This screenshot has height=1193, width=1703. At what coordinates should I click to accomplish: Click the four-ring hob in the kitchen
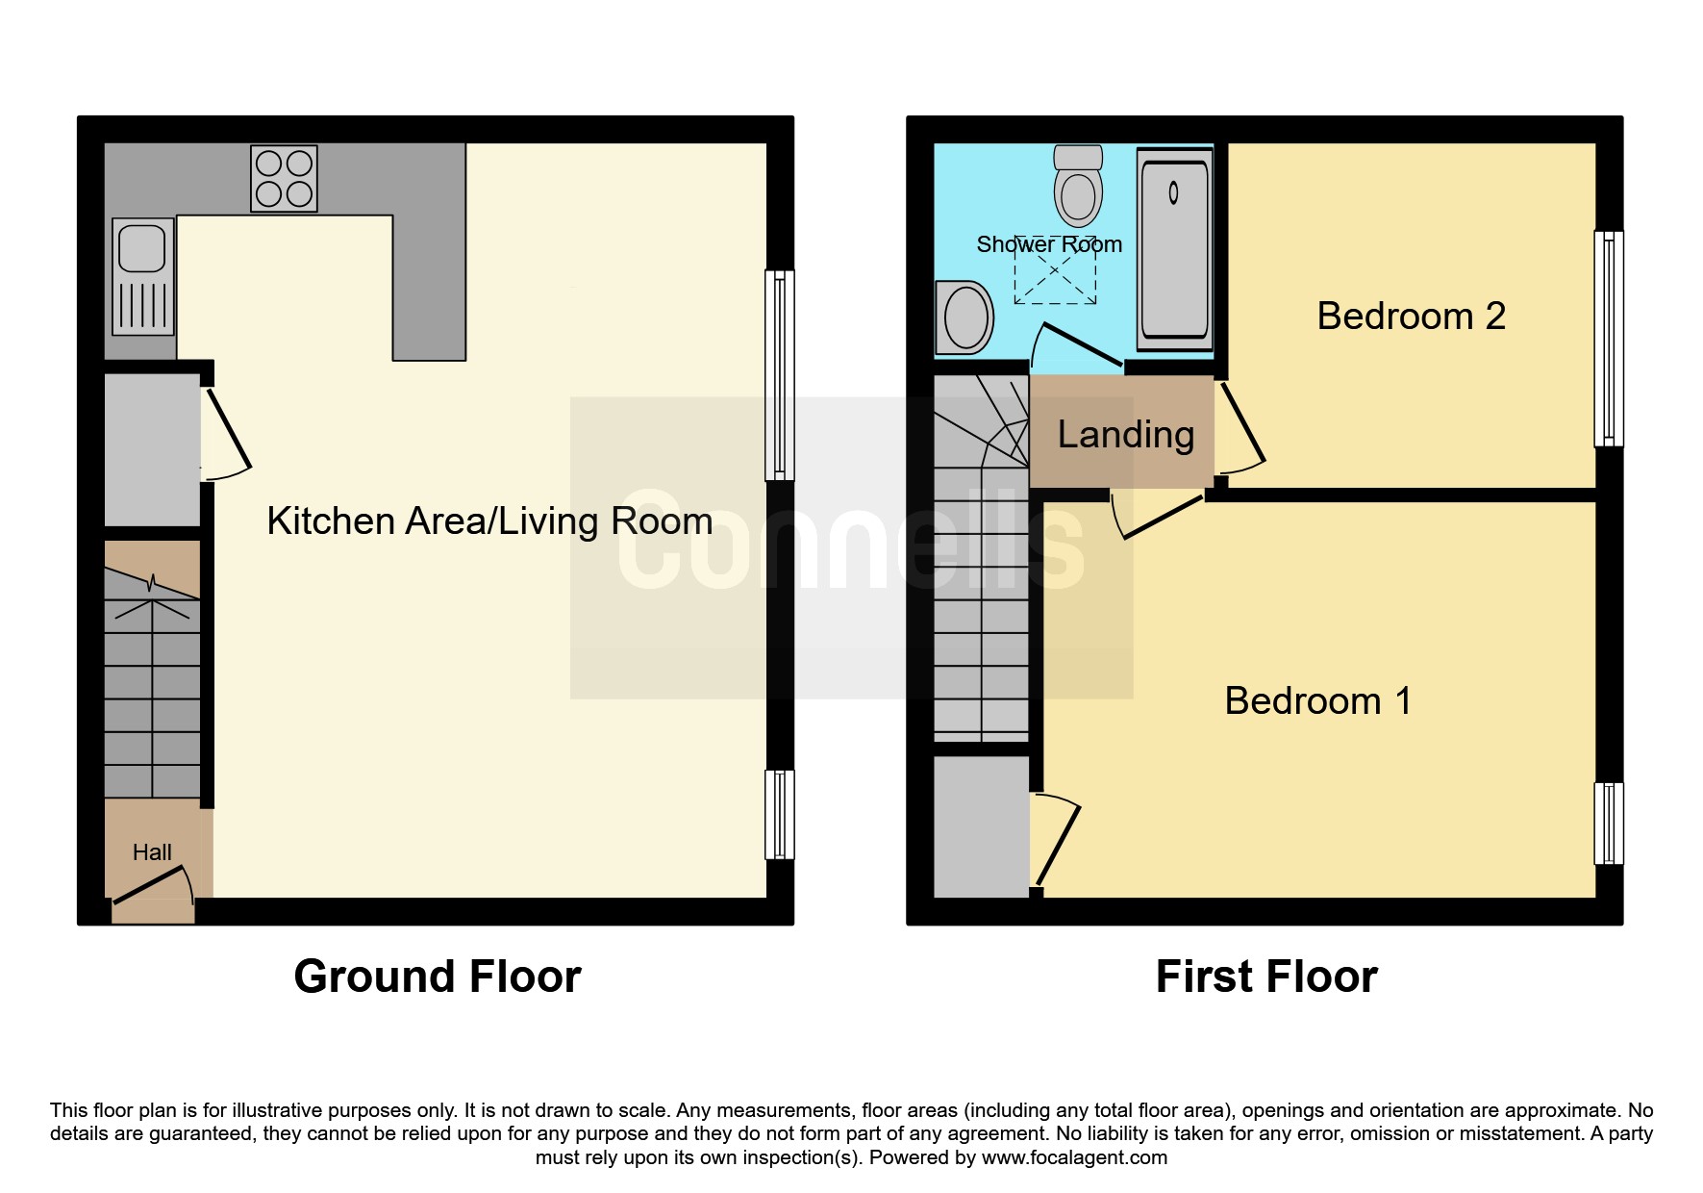(x=284, y=178)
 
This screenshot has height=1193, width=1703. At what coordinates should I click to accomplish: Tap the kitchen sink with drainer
(x=143, y=276)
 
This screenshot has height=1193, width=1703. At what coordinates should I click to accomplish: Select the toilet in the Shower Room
(x=1078, y=185)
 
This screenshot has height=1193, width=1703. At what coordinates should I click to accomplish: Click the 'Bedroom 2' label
(x=1411, y=316)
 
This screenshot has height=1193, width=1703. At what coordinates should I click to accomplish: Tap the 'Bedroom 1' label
(x=1317, y=700)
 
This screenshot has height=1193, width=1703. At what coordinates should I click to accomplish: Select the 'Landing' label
(x=1126, y=435)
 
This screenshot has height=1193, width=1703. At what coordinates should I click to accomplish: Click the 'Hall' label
(x=152, y=852)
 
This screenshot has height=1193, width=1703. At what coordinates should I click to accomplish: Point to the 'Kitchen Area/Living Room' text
(x=489, y=521)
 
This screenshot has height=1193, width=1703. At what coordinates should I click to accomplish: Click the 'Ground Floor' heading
(x=438, y=977)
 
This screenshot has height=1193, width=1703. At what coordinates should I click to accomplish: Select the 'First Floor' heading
(x=1266, y=977)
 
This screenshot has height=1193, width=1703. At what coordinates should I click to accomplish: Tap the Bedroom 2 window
(x=1609, y=339)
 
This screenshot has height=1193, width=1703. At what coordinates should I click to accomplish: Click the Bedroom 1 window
(x=1609, y=824)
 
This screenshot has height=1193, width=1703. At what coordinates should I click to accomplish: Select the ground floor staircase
(x=152, y=669)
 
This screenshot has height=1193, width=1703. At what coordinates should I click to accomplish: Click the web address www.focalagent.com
(x=1074, y=1157)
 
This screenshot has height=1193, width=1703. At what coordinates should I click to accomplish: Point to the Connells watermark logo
(x=851, y=546)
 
